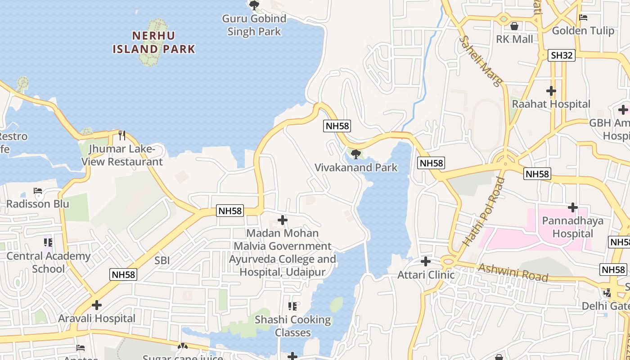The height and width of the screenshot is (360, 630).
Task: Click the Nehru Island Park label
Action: tap(154, 42)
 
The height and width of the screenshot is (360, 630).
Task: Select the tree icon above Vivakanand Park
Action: tap(356, 154)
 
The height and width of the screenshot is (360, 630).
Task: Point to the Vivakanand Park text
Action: tap(356, 168)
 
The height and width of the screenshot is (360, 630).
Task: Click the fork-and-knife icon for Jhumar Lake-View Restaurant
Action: tap(121, 135)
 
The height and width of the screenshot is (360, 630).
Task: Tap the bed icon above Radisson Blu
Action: tap(38, 191)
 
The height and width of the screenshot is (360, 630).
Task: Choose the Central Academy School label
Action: tap(48, 262)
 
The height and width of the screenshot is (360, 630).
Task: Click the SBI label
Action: tap(162, 261)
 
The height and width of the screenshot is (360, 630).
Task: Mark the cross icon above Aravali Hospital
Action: tap(96, 305)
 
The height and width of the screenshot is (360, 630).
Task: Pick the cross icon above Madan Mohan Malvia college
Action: tap(283, 220)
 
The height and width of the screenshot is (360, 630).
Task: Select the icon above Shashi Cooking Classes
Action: tap(292, 306)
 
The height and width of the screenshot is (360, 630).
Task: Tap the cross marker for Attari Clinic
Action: tap(425, 261)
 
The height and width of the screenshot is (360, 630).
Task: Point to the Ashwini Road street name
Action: tap(513, 272)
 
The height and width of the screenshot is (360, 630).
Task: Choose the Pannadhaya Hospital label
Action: tap(573, 227)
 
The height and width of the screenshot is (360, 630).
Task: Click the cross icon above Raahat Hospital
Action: tap(551, 91)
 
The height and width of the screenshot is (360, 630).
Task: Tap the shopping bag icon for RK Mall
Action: tap(514, 26)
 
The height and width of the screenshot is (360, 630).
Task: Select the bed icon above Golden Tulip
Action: tap(583, 18)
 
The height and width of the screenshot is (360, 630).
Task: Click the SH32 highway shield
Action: tap(562, 55)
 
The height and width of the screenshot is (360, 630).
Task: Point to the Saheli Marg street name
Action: tap(480, 61)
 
